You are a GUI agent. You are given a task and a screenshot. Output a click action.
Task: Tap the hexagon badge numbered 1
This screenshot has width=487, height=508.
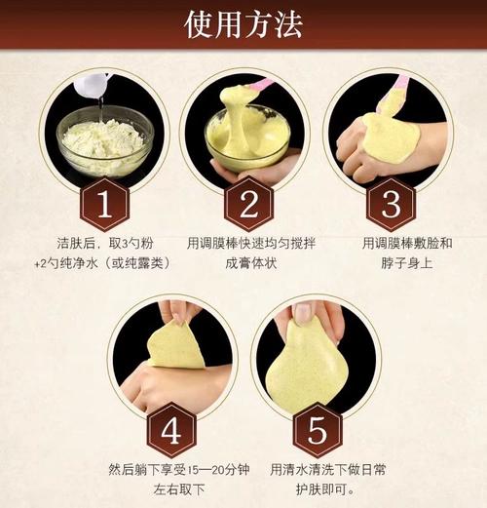[x=105, y=204]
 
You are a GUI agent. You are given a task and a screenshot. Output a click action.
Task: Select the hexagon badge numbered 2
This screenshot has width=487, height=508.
[x=247, y=204]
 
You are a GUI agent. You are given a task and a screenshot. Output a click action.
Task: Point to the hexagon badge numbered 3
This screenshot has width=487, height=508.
[x=390, y=204]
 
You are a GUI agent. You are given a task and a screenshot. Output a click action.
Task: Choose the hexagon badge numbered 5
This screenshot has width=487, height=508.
[x=316, y=429]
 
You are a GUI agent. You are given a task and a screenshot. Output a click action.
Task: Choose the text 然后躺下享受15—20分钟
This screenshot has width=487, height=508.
[x=171, y=469]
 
